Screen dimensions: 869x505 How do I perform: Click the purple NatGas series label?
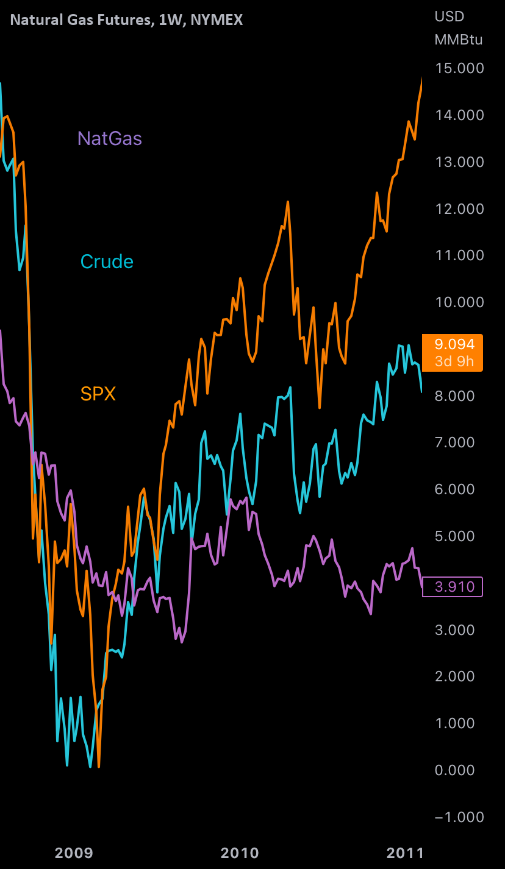tap(110, 139)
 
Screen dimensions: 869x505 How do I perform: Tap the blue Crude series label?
tap(107, 261)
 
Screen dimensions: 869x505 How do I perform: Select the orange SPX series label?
tap(98, 394)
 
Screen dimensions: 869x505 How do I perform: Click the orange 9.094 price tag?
tap(453, 353)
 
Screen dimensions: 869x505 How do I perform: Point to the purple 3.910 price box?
tap(453, 587)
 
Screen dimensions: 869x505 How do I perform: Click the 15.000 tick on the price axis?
tap(459, 68)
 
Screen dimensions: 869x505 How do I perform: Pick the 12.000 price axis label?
tap(459, 208)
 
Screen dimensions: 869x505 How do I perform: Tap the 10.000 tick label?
tap(459, 302)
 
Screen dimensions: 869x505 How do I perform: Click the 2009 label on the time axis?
tap(74, 852)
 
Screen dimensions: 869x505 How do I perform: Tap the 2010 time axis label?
tap(240, 852)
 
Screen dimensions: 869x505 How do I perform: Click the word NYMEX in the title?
tap(217, 20)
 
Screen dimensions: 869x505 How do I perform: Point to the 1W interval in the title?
tap(170, 20)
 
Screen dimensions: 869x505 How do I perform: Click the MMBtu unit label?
tap(459, 40)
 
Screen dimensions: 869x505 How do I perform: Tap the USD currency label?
tap(449, 16)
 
